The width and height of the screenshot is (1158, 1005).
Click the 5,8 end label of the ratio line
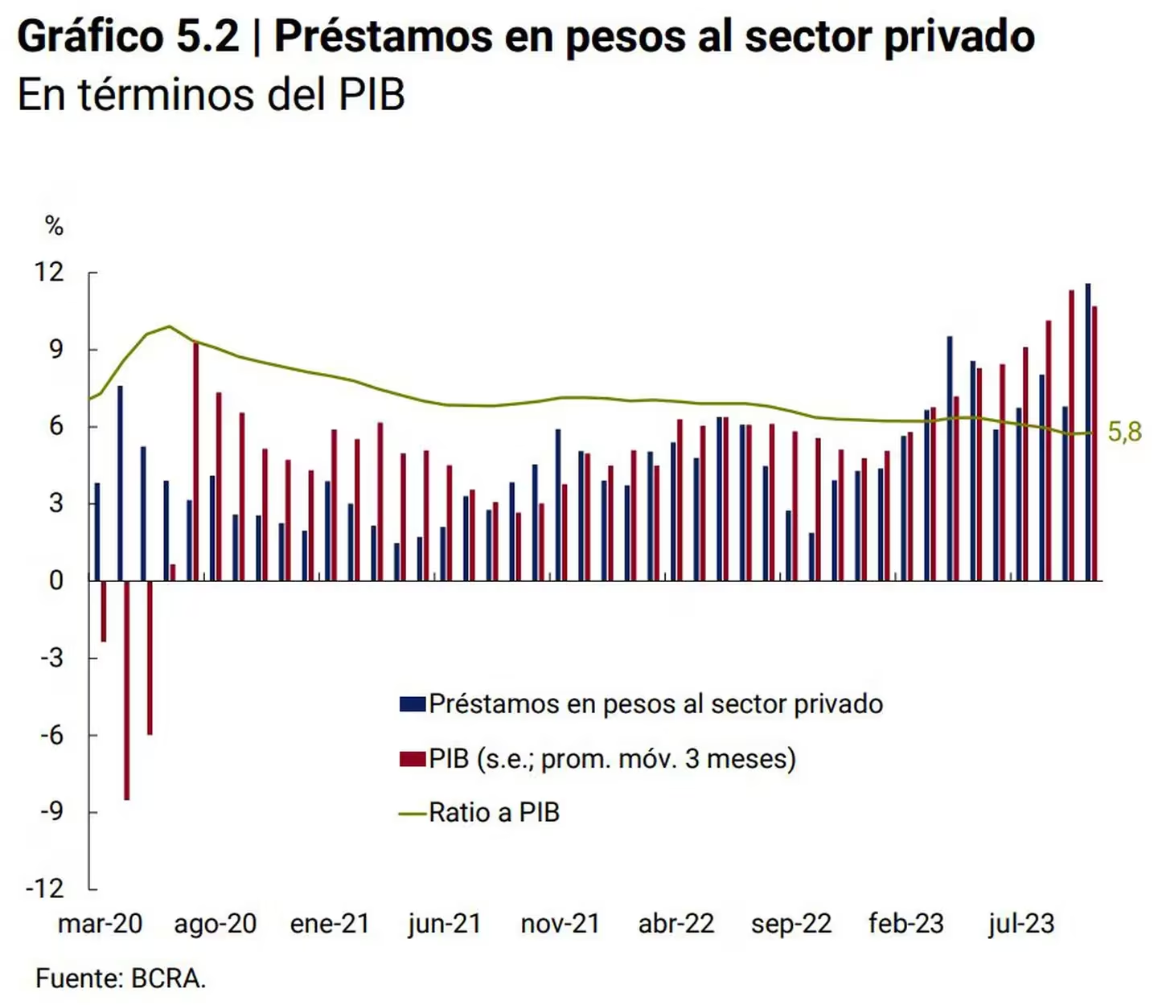tap(1124, 432)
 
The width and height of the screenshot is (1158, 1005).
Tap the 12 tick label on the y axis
tap(49, 272)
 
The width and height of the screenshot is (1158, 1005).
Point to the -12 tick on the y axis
tap(45, 888)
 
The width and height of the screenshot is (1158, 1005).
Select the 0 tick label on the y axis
tap(55, 580)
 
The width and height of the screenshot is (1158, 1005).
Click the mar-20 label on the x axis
tap(100, 924)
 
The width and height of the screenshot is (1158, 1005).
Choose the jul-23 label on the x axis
tap(1020, 924)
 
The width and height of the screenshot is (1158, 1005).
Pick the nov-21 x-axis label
tap(560, 924)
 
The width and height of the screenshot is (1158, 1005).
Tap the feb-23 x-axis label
tap(905, 924)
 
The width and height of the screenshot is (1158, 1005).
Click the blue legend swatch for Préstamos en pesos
tap(412, 704)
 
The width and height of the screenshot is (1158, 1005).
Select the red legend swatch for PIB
tap(412, 759)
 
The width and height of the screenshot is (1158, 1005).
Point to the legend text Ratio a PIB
tap(494, 813)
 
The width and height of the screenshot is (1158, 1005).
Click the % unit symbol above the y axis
tap(54, 226)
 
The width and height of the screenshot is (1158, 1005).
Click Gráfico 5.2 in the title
tap(129, 37)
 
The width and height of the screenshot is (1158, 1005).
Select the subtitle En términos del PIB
tap(211, 95)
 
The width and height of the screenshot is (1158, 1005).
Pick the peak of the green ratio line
tap(169, 326)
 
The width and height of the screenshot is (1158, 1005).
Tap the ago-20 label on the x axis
tap(215, 924)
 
